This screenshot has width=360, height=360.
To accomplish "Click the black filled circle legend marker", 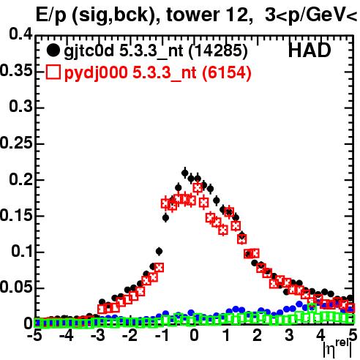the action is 53,50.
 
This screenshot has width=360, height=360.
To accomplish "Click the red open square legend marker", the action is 53,72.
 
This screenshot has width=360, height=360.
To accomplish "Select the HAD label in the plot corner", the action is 310,50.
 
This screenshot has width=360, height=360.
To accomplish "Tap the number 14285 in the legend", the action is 218,50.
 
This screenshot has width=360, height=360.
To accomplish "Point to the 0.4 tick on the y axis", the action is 20,34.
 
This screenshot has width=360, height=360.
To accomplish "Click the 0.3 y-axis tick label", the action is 20,106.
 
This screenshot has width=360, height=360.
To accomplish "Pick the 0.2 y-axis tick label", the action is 20,179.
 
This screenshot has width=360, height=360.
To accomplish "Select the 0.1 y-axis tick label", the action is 22,251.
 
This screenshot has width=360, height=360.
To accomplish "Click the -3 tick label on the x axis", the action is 98,335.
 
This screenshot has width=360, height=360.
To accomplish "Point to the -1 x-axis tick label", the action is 162,335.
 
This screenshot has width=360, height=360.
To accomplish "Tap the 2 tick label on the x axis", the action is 258,335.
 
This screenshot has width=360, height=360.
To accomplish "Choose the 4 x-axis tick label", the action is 321,335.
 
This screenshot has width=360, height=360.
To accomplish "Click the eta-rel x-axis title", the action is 337,349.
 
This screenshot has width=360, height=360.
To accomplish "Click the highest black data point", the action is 185,173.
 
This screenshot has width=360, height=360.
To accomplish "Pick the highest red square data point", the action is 198,188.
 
